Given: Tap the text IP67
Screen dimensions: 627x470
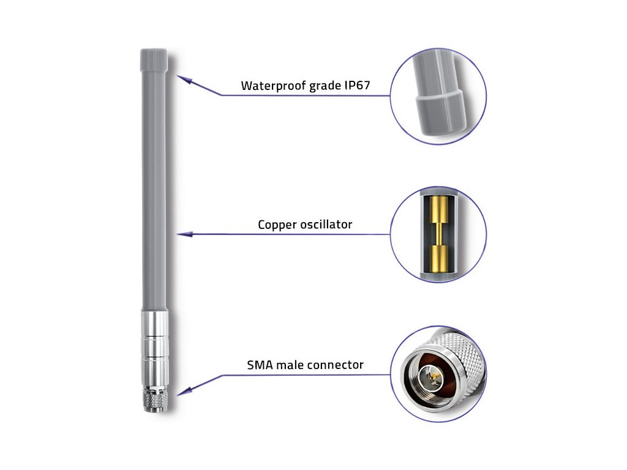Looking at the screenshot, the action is click(356, 85).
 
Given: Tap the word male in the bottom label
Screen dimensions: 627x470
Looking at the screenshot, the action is click(291, 365).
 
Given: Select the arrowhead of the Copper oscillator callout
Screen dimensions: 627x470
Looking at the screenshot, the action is click(182, 234).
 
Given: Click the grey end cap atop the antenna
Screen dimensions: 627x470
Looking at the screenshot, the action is click(153, 59).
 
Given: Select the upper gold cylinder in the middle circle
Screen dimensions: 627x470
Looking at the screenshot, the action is click(438, 211).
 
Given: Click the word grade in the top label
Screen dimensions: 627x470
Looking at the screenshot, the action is click(320, 86).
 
